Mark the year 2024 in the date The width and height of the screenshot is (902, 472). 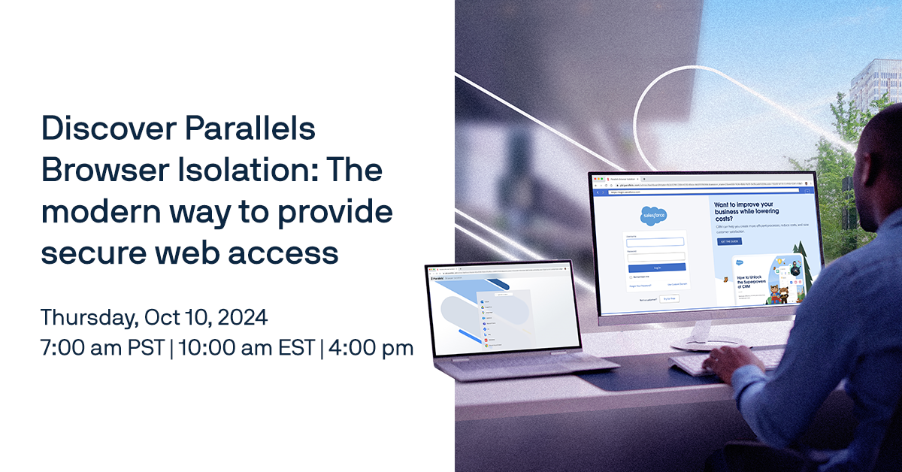[242, 317]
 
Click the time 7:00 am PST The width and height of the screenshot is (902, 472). [101, 348]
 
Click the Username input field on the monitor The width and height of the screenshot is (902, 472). [655, 242]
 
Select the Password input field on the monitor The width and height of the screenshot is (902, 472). [656, 256]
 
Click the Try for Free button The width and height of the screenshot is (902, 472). [669, 299]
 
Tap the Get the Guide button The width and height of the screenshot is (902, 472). [730, 242]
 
